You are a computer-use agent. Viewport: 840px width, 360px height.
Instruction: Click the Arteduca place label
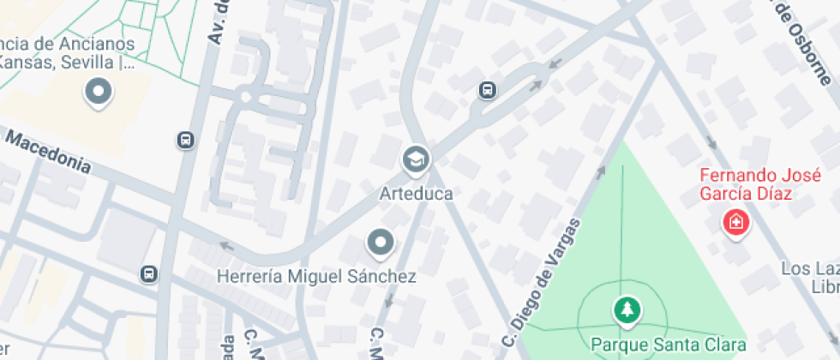pos(416,194)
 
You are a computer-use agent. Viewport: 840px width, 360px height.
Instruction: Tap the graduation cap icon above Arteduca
pos(416,159)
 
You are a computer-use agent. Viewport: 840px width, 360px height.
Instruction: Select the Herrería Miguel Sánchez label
pos(316,277)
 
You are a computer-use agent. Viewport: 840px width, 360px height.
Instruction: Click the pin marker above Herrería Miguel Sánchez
pos(380,243)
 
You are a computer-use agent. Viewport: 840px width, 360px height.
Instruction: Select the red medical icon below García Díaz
pos(735,225)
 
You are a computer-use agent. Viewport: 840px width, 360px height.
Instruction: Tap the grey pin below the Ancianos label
pos(98,92)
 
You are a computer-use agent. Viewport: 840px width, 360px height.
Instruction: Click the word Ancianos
pos(93,44)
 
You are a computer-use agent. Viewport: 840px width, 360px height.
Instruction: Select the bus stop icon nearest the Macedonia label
pos(185,140)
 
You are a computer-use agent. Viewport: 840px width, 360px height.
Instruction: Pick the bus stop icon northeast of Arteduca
pos(487,89)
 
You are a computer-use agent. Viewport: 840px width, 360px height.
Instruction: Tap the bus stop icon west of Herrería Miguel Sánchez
pos(149,274)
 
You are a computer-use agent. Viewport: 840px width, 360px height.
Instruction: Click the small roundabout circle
pos(246,97)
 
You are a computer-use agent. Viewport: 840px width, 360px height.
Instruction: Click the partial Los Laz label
pos(809,269)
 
